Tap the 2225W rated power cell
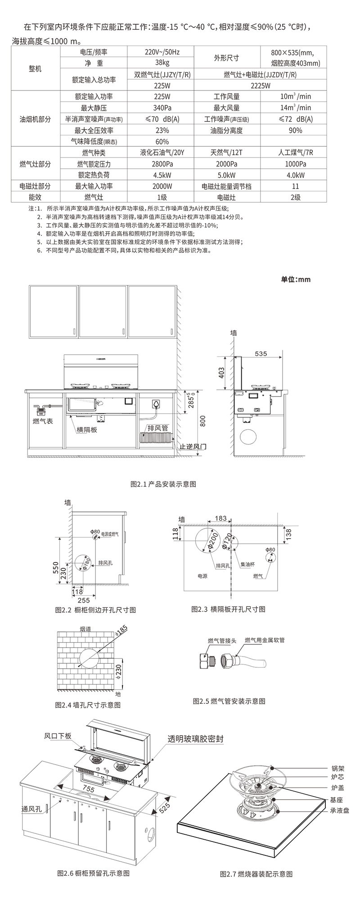tap(261, 85)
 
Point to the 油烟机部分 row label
tap(35, 119)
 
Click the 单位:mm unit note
tap(296, 279)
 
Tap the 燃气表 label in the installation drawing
tap(43, 421)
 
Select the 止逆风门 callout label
tap(193, 447)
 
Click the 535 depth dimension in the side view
tap(261, 354)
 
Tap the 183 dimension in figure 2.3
tap(220, 518)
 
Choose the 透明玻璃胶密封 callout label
tap(195, 739)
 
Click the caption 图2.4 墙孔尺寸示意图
tap(88, 705)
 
